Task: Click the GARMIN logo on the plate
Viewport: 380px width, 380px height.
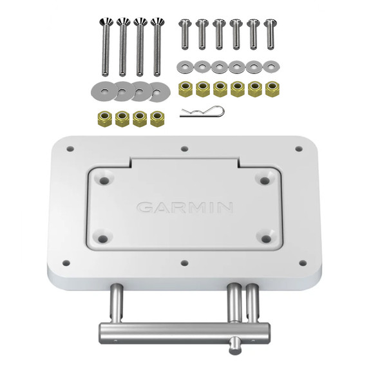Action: [x=184, y=207]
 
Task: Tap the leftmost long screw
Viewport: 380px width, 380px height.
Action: [x=105, y=48]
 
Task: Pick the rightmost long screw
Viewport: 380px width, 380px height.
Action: [x=157, y=48]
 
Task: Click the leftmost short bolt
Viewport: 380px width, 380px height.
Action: [x=185, y=33]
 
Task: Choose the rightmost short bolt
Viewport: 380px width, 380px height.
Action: [x=269, y=33]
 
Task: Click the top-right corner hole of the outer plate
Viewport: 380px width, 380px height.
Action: [x=298, y=149]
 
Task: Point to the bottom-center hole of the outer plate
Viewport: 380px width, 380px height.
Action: [x=184, y=263]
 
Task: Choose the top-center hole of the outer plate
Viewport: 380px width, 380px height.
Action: [x=184, y=149]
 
